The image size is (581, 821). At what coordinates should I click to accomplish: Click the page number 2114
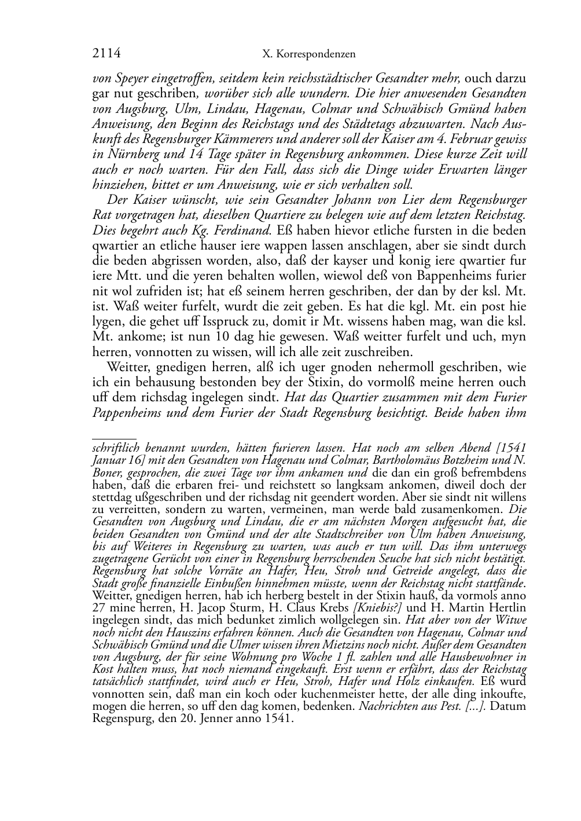106,54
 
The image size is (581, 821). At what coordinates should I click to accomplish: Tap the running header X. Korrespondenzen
308,54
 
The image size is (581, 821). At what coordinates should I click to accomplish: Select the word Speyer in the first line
131,78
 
